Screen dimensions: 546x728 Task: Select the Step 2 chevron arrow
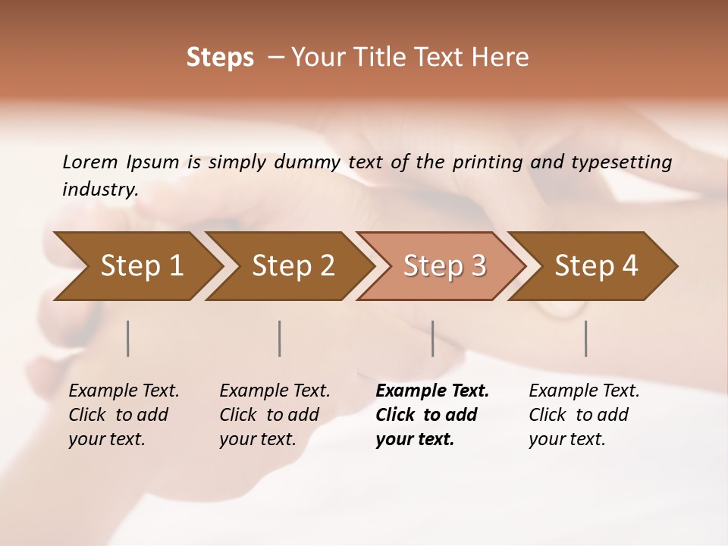293,266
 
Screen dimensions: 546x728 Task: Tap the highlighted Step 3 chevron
444,266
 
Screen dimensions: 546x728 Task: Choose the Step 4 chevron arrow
596,266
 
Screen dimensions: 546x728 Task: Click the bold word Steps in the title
220,58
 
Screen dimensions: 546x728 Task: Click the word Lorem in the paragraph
90,162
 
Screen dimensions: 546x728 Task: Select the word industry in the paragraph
99,189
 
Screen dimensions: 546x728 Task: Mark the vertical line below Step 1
128,338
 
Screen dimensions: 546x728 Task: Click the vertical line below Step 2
280,338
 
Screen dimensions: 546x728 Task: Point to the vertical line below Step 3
433,338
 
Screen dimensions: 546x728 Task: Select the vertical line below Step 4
586,338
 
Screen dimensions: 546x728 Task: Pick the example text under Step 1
124,415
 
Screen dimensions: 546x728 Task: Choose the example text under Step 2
275,415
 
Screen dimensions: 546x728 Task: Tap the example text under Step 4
584,415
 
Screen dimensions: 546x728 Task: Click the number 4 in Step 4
629,266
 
